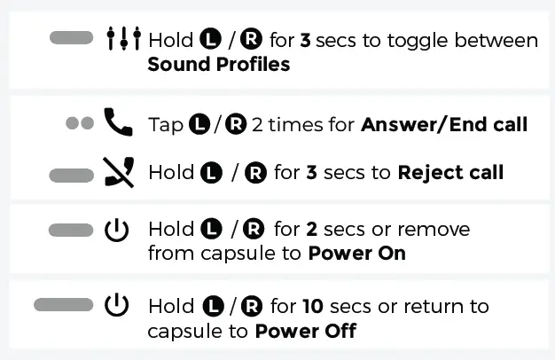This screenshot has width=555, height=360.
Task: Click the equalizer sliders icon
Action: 123,39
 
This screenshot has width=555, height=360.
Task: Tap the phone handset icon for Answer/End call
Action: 117,122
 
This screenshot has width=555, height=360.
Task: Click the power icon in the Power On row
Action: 117,231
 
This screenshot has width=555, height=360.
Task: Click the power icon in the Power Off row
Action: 117,307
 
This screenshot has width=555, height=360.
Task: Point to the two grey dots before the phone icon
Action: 80,123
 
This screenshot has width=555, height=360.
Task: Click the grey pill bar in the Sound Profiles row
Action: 72,38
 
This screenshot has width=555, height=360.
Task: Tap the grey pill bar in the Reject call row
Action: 72,174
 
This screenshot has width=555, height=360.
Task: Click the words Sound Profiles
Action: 218,64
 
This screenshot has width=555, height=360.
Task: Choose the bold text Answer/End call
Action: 444,124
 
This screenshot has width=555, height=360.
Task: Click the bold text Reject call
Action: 451,172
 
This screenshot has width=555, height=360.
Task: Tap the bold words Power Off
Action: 306,331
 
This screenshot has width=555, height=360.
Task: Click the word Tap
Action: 165,125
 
